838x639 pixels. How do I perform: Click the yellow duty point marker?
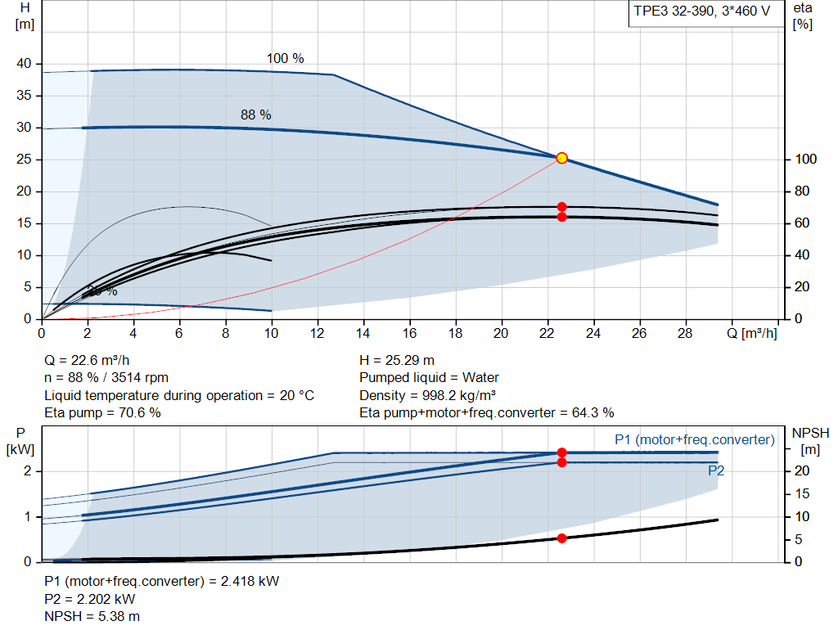click(x=561, y=158)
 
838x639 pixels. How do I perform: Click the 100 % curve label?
click(x=285, y=59)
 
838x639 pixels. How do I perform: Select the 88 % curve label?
click(x=255, y=115)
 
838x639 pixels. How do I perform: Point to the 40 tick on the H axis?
click(x=24, y=64)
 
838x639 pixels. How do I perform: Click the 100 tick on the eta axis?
click(x=805, y=160)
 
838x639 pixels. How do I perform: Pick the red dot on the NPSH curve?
click(x=561, y=538)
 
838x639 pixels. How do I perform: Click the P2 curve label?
click(x=715, y=471)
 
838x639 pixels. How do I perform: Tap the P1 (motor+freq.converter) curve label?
click(x=694, y=440)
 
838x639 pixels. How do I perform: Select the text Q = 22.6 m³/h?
click(x=88, y=360)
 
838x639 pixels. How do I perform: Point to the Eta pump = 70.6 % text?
click(x=102, y=413)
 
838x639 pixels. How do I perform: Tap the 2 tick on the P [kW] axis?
click(x=27, y=471)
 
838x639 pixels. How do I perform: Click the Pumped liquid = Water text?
click(x=429, y=378)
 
